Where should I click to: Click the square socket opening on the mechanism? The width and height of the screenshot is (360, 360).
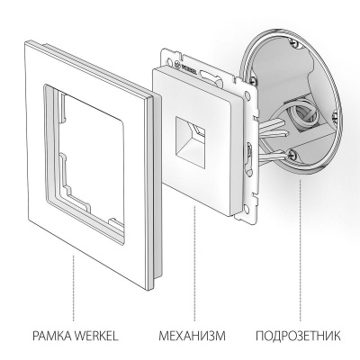193,136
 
